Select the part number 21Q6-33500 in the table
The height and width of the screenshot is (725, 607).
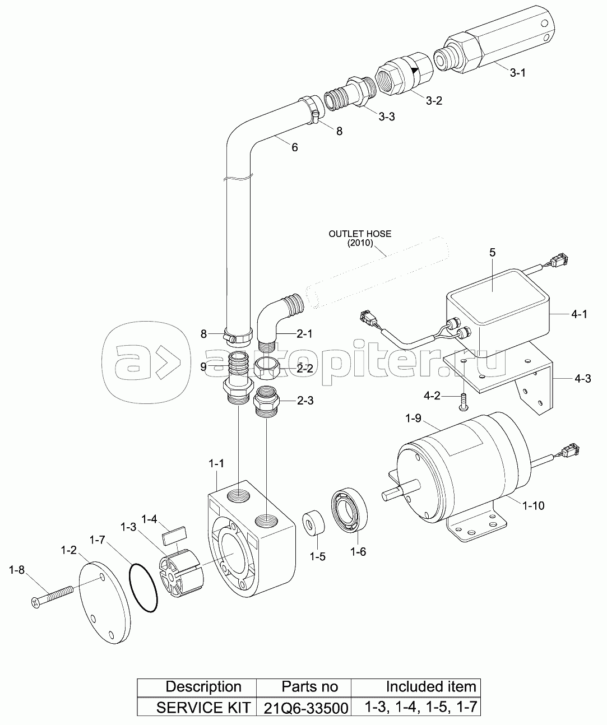(x=303, y=707)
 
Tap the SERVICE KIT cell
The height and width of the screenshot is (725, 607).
(x=197, y=707)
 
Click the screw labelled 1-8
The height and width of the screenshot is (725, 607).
(x=53, y=596)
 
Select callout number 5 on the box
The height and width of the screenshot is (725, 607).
(x=492, y=252)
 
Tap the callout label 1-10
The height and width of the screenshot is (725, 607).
(x=533, y=505)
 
